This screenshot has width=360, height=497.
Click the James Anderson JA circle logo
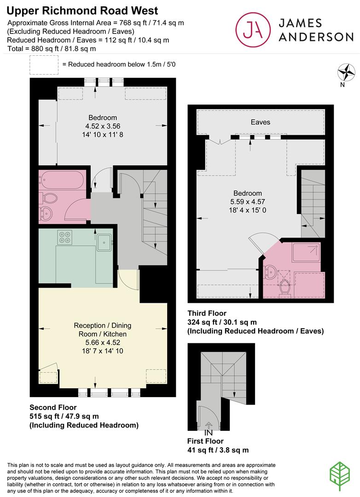(x=253, y=29)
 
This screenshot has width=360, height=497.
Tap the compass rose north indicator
(x=346, y=72)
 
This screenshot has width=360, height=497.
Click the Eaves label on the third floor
(x=261, y=122)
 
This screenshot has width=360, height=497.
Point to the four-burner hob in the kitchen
(x=65, y=237)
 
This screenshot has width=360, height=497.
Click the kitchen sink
(x=105, y=242)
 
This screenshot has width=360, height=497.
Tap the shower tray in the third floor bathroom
(x=306, y=252)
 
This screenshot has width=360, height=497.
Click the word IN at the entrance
(x=209, y=433)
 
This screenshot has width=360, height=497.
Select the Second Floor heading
(x=53, y=407)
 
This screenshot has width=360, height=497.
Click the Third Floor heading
(x=207, y=313)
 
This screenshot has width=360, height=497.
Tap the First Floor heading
(x=205, y=441)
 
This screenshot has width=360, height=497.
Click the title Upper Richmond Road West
(x=82, y=11)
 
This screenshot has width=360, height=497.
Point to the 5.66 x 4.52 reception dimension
(x=103, y=342)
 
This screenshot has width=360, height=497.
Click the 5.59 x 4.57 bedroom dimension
(x=247, y=202)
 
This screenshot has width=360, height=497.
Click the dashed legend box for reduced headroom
(x=44, y=65)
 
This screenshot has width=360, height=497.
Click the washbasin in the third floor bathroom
(x=269, y=272)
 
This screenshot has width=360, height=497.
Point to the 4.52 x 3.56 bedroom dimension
(x=103, y=126)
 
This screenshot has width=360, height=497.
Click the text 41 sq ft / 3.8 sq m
(x=218, y=450)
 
